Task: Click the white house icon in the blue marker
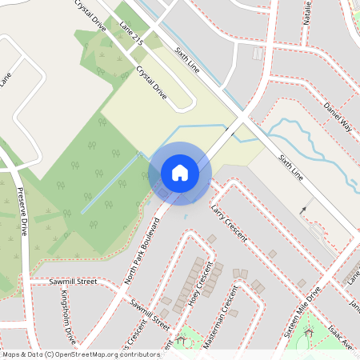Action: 179,173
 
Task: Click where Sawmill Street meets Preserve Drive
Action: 30,282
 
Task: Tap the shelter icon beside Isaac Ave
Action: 308,330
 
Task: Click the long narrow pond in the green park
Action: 110,184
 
